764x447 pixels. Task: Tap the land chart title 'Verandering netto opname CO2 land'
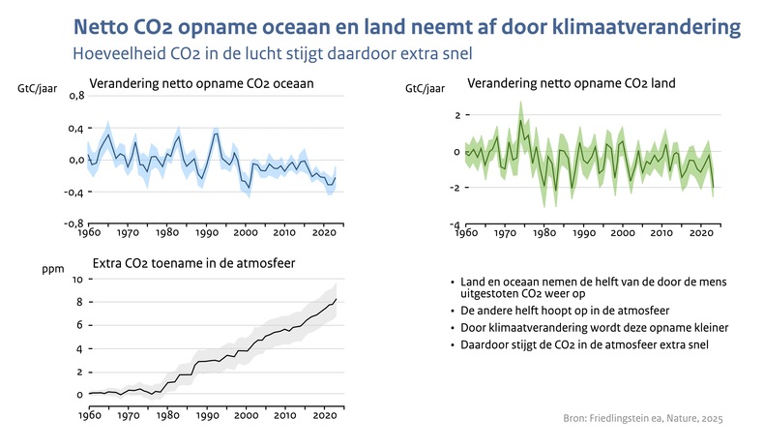point(571,84)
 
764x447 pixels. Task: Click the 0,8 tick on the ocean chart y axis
point(75,96)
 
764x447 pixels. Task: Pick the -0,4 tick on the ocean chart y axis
point(73,192)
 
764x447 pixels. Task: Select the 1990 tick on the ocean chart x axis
point(206,233)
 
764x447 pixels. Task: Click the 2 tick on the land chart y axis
point(455,115)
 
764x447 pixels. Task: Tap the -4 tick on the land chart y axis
point(454,224)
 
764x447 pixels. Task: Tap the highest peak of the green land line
point(520,120)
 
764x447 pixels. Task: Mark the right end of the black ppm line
point(336,300)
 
